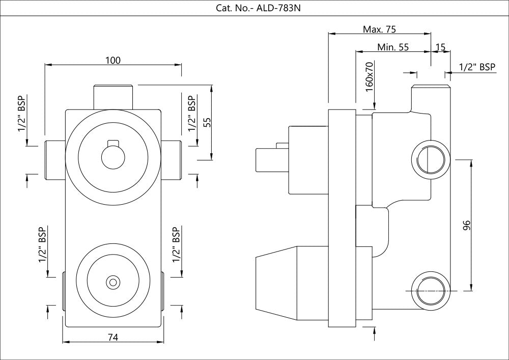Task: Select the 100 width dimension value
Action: [x=113, y=60]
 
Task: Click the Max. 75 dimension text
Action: [x=379, y=29]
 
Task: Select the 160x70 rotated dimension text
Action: [x=370, y=77]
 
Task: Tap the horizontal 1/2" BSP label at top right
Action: [x=477, y=67]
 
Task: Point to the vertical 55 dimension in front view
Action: [x=206, y=122]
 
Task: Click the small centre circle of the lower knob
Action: [x=112, y=281]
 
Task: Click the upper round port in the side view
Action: [x=431, y=158]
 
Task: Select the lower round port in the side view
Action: [x=431, y=290]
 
